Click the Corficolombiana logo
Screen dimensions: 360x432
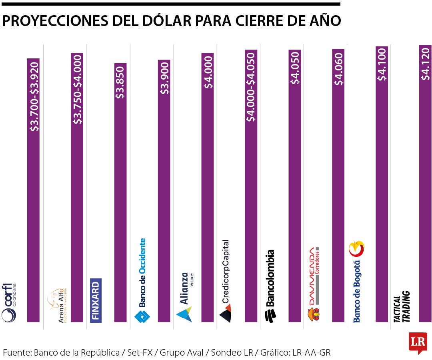(9, 302)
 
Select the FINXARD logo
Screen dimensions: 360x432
(96, 300)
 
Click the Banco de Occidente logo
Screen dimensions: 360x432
(142, 280)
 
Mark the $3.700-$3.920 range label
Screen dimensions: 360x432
(34, 96)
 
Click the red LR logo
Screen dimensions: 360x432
(418, 342)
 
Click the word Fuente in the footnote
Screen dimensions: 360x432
(16, 352)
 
